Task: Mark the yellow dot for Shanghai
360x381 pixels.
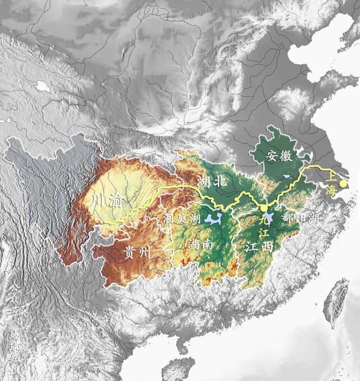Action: pos(343,183)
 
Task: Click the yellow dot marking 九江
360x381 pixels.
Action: pos(264,208)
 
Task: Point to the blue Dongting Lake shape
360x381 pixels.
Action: pos(212,218)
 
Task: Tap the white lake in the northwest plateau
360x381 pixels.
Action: pos(41,87)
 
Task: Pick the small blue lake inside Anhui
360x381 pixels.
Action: pos(287,176)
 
